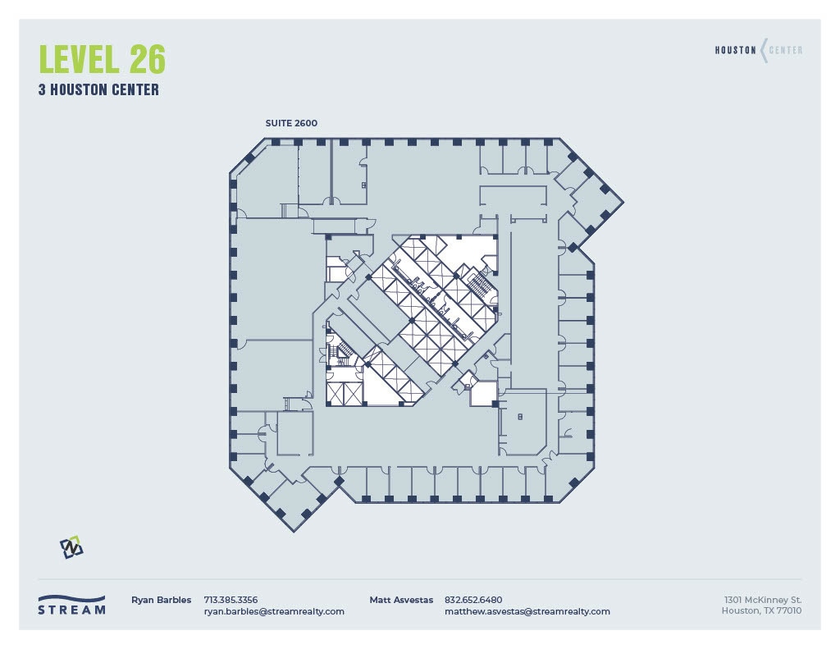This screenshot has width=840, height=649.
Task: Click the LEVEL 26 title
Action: tap(102, 60)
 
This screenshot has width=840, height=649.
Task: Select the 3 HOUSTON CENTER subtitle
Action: tap(98, 90)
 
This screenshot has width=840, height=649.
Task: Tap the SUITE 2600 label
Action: tap(290, 123)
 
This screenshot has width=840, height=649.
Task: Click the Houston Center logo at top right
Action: tap(758, 50)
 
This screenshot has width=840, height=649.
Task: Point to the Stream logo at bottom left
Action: tap(72, 605)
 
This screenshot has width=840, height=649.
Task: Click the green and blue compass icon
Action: tap(71, 547)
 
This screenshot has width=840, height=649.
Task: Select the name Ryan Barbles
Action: tap(161, 600)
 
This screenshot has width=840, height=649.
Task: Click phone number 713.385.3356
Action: tap(230, 600)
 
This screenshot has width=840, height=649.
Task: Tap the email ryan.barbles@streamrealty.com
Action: tap(273, 611)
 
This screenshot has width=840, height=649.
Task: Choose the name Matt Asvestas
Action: tap(401, 600)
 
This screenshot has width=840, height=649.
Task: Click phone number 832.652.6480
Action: tap(472, 600)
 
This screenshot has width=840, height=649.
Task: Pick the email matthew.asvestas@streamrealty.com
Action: tap(527, 611)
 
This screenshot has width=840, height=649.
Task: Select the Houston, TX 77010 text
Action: tap(761, 610)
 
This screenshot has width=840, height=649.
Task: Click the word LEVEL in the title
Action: tap(77, 60)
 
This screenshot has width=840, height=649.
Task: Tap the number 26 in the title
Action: tap(147, 60)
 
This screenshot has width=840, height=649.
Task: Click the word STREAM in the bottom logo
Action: tap(72, 610)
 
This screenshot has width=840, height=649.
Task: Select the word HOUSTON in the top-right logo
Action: tap(735, 50)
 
